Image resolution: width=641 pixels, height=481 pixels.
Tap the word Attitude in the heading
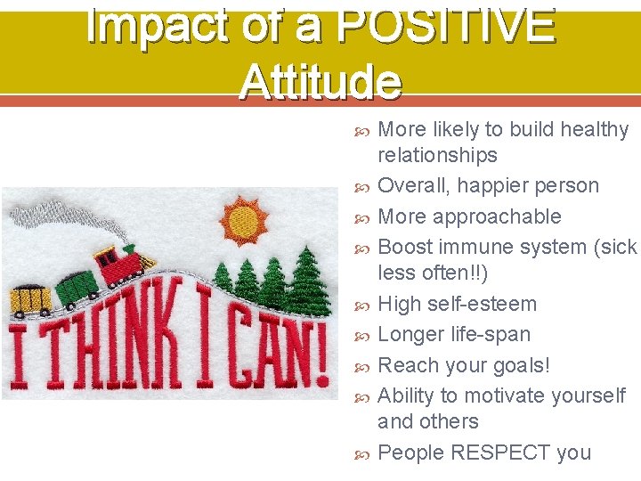point(320,82)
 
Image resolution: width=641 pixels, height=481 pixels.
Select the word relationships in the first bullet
point(437,155)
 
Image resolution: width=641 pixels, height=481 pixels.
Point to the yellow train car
point(30,300)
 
